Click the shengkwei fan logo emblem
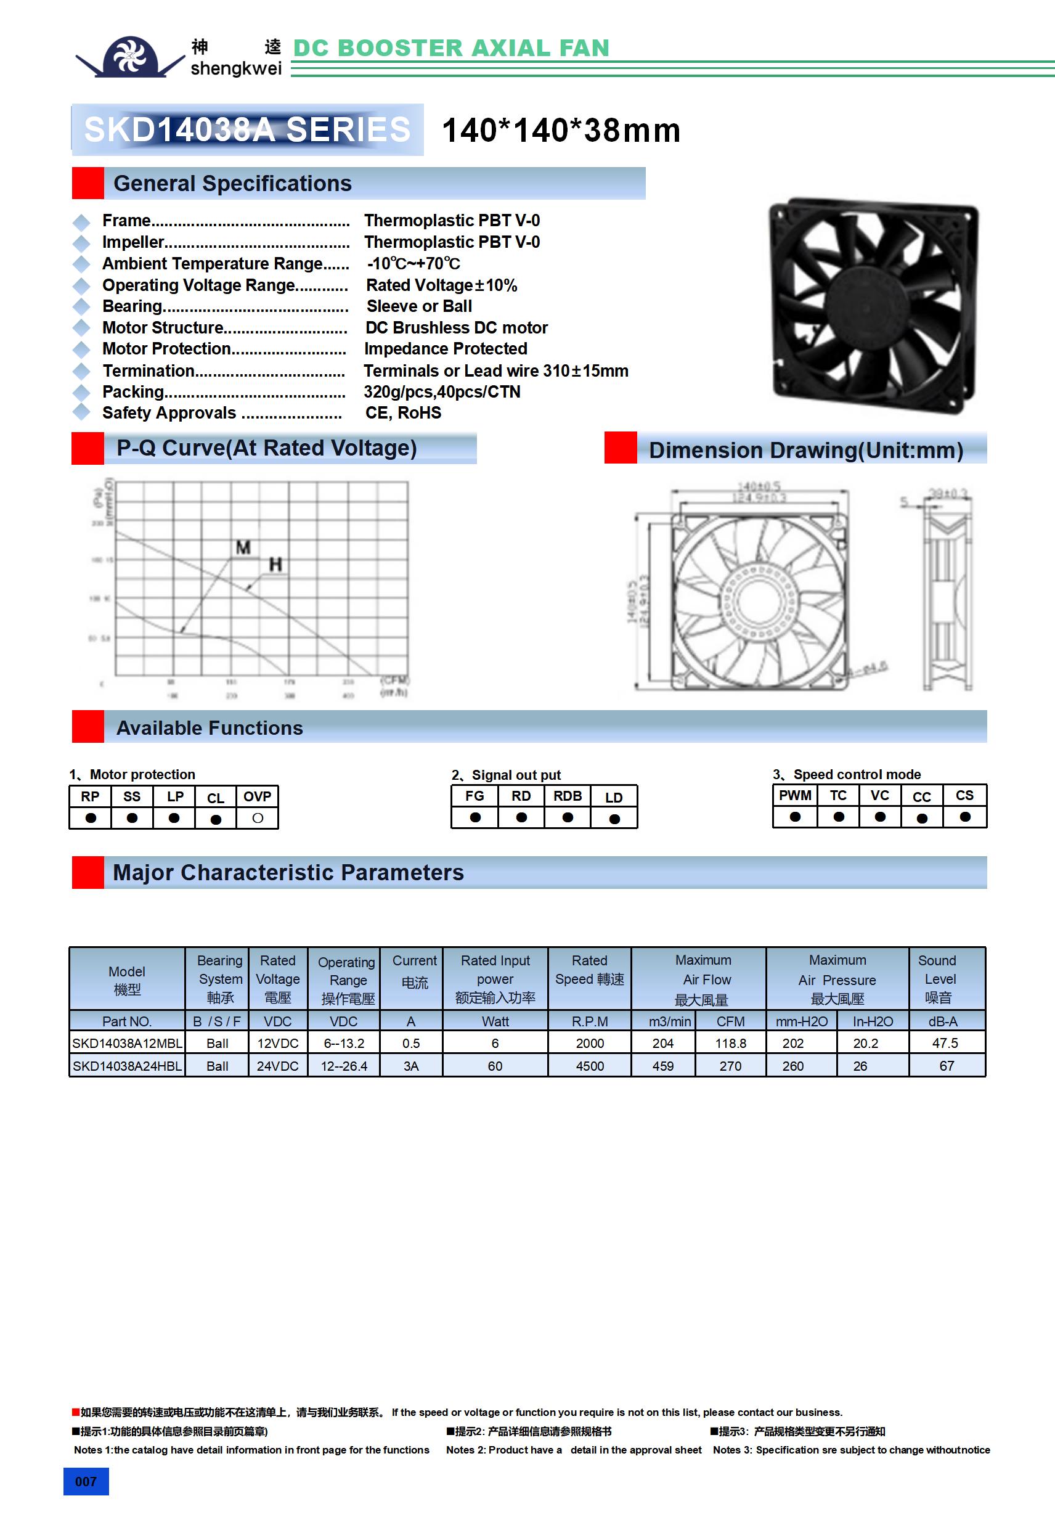[130, 57]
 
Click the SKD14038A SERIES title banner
[247, 129]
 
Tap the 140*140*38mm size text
[561, 130]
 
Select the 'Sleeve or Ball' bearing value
[419, 306]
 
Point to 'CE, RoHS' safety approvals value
[403, 413]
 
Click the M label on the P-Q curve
[243, 548]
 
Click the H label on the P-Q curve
[275, 564]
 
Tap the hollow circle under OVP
[258, 818]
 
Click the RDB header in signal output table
[568, 796]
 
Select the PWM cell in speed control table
[795, 796]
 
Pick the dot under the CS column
[965, 817]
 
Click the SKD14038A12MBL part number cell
[127, 1043]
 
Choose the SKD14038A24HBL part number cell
[127, 1066]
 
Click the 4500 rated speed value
[589, 1066]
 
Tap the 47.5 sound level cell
[945, 1043]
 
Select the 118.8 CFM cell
[730, 1043]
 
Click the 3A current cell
[411, 1066]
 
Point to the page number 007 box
[86, 1481]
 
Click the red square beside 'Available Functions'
[88, 726]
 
